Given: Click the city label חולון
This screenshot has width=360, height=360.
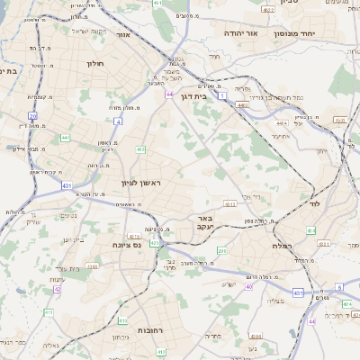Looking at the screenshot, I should point(96,64).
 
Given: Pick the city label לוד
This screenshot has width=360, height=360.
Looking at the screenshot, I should point(326,205).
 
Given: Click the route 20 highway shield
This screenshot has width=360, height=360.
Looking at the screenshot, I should point(32,116).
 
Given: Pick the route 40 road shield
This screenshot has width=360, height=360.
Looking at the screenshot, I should point(249,286).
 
